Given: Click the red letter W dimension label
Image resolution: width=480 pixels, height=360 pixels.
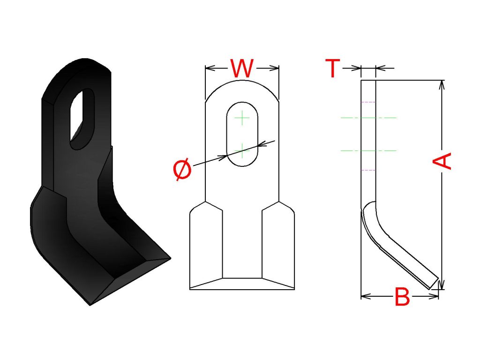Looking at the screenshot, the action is (x=242, y=68).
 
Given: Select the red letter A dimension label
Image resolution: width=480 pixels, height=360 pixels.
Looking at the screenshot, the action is (x=442, y=161).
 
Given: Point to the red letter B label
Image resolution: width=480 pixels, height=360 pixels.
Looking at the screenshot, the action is (x=402, y=297).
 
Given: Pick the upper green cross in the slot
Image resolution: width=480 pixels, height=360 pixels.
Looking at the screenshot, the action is (x=242, y=118).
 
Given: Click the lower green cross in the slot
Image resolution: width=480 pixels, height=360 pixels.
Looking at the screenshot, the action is (x=242, y=151).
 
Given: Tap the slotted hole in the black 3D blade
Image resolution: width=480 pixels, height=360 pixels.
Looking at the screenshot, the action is (x=82, y=119).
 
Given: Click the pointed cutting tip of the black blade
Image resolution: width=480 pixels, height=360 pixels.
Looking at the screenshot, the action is (x=170, y=258).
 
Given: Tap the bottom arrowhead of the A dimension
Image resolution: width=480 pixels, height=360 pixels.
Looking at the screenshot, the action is (x=442, y=285).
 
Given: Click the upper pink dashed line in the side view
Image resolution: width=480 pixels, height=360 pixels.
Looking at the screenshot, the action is (x=368, y=102).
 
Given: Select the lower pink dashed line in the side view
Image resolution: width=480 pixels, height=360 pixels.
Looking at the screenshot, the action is (x=368, y=170).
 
